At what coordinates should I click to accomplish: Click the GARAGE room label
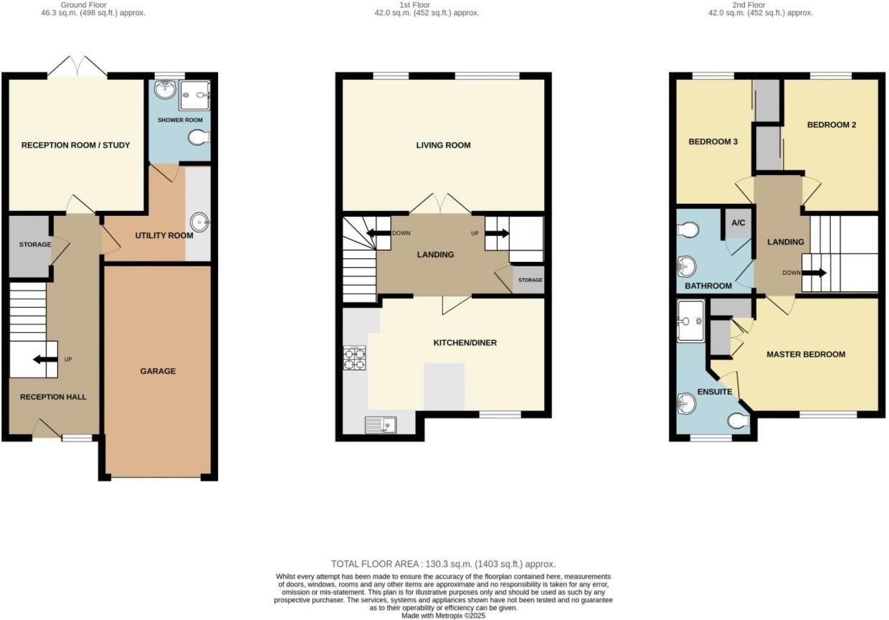tap(158, 371)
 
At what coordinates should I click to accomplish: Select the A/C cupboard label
tap(738, 223)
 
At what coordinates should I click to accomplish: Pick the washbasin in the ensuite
tap(686, 405)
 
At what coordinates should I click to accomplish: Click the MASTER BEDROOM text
tap(805, 354)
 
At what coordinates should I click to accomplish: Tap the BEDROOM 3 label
tap(713, 142)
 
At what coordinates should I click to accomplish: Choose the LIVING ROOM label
tap(443, 146)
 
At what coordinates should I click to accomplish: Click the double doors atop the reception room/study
tap(77, 66)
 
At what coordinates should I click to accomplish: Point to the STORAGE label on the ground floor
tap(34, 245)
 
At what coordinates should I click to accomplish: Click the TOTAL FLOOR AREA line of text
tap(443, 564)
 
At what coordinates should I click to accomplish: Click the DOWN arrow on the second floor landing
tap(813, 273)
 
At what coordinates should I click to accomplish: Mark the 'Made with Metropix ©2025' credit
tap(443, 616)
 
